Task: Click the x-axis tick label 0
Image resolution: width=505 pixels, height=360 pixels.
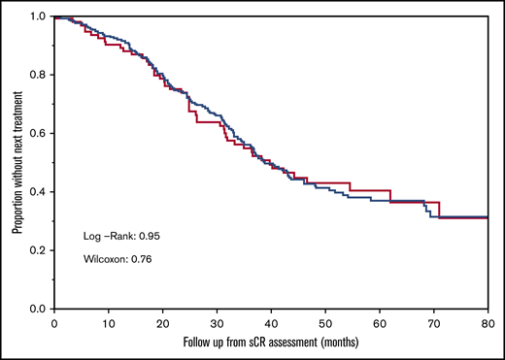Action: click(54, 322)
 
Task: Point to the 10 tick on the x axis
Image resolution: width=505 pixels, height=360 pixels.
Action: click(109, 322)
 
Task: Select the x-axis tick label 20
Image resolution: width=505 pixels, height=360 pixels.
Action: click(163, 322)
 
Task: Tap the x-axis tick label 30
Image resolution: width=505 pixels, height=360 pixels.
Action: click(218, 322)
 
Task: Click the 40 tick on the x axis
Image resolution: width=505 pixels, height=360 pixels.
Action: click(272, 322)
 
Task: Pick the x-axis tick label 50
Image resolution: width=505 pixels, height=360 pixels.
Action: click(326, 322)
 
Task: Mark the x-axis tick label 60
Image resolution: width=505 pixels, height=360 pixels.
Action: click(381, 322)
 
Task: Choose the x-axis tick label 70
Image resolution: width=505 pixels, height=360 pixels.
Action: click(435, 322)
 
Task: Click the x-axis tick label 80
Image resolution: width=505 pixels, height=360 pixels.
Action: click(488, 322)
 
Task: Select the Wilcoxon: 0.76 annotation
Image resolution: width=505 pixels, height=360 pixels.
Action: click(115, 259)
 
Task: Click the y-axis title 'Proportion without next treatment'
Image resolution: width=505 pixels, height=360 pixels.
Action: click(17, 162)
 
